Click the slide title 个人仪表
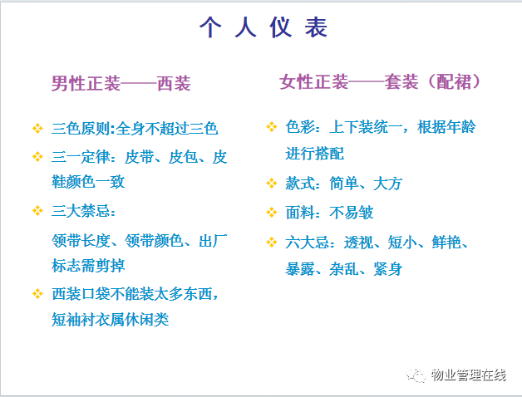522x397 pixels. point(263,27)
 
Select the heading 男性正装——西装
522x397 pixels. point(121,83)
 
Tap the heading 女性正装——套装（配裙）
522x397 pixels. point(380,82)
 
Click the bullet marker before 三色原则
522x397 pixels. point(37,129)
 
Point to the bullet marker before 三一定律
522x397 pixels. point(37,156)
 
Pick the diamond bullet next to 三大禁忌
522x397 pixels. point(37,211)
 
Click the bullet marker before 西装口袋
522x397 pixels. point(37,294)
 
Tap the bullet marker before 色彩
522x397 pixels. point(272,127)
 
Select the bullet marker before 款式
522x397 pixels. point(272,184)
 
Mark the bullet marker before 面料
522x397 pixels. point(272,213)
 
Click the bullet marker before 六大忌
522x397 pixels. point(272,242)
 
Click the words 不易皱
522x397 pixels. point(352,213)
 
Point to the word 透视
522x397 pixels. point(358,243)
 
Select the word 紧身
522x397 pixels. point(388,269)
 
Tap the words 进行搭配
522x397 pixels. point(314,154)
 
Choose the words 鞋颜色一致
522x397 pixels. point(88,182)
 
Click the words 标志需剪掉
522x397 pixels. point(88,266)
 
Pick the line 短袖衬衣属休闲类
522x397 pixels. point(111,320)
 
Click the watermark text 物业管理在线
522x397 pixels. point(469,375)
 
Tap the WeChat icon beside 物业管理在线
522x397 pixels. point(415,375)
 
